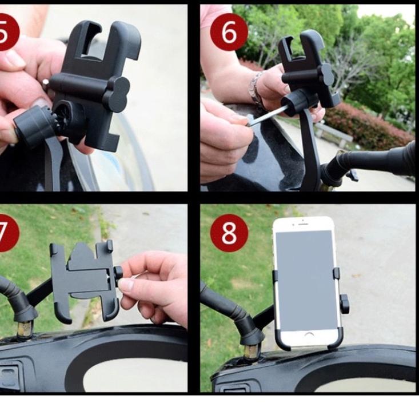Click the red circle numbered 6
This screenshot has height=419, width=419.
coord(229,32)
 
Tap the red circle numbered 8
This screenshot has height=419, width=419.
coord(229,233)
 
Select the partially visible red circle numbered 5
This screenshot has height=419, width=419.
coord(8,32)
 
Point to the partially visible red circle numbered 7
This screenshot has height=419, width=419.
coord(8,233)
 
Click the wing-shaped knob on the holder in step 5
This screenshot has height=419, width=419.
coord(119,91)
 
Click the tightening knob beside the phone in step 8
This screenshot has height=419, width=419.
coord(344,304)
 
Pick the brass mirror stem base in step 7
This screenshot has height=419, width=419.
coord(25,330)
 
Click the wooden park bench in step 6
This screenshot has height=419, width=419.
coord(334,134)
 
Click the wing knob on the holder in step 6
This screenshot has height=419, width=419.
coord(327,74)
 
